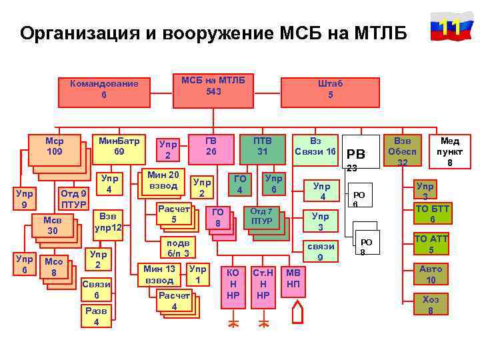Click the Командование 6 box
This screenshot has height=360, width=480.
point(104,89)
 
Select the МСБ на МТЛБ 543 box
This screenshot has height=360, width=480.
point(213,85)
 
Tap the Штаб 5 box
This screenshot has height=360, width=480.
point(330,89)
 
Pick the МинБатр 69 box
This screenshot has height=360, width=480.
point(119,147)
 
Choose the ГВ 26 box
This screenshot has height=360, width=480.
point(211,147)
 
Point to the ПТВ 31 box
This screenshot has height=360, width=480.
point(263,147)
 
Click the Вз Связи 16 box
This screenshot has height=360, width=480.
point(315,147)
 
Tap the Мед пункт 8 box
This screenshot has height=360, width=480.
point(450,151)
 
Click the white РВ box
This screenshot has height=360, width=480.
point(361,151)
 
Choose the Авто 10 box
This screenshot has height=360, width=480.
point(431,274)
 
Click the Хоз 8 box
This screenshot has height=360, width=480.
point(431,304)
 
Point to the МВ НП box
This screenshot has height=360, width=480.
point(293,279)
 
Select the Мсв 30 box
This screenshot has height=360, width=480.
point(51,225)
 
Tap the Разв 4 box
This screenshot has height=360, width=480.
point(97,316)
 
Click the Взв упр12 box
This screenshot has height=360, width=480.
point(107,222)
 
